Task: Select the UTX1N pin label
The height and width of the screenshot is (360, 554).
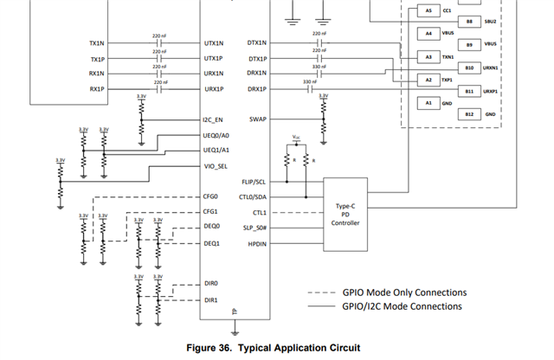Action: (x=213, y=42)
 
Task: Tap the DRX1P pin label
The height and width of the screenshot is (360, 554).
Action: (x=257, y=89)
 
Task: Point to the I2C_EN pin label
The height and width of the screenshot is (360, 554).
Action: (x=213, y=120)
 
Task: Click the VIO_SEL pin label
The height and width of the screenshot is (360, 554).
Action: (x=215, y=166)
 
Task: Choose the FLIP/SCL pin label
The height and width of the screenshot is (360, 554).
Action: (x=254, y=182)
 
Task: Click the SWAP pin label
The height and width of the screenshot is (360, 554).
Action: (x=258, y=120)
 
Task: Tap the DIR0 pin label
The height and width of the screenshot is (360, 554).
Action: (x=210, y=283)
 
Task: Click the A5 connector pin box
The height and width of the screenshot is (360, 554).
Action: (x=428, y=10)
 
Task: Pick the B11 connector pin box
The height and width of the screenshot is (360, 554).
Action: (x=469, y=90)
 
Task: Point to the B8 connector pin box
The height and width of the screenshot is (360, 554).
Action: (x=469, y=21)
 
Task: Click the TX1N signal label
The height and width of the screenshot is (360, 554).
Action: (x=96, y=42)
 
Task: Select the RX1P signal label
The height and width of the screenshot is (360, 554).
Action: (x=96, y=89)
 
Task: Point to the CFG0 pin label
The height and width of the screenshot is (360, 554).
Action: (x=210, y=196)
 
